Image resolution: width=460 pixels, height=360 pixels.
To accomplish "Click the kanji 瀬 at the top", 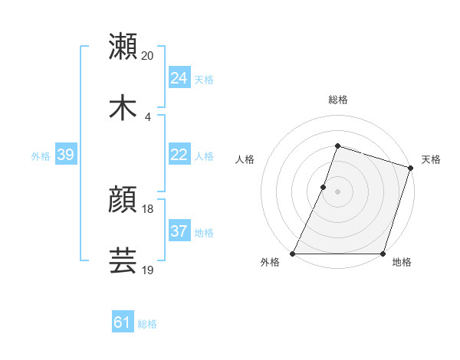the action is tap(123, 47).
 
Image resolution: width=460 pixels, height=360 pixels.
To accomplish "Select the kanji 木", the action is tap(123, 106).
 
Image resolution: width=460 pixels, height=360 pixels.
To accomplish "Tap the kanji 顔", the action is tap(123, 200).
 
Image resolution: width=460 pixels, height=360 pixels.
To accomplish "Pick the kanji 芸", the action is tap(123, 260).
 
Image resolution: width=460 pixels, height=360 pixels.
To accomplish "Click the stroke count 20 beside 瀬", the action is tap(148, 55).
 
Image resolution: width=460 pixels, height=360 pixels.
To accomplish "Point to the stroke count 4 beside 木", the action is tap(148, 116).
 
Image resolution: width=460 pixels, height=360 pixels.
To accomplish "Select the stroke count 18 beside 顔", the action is tap(148, 208).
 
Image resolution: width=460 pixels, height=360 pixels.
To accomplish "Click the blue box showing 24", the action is tap(179, 77).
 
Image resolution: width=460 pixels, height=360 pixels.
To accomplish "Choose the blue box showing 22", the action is tap(179, 155).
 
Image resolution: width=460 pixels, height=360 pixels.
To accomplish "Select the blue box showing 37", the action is tap(179, 231).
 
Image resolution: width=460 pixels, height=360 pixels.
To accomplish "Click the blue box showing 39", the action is tap(65, 155).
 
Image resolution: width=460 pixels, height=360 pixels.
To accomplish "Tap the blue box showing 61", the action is tap(123, 322).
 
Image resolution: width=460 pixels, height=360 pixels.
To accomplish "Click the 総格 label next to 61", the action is tap(147, 324).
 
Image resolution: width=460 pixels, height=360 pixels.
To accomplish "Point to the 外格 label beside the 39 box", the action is tap(41, 156).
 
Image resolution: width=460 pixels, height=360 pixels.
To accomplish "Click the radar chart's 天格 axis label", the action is tap(431, 159).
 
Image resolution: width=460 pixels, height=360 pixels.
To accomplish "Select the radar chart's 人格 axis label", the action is tap(245, 159).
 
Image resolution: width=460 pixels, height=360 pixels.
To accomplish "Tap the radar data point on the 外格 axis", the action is tap(293, 254).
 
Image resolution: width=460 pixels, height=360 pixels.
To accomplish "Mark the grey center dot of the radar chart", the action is tap(337, 191).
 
